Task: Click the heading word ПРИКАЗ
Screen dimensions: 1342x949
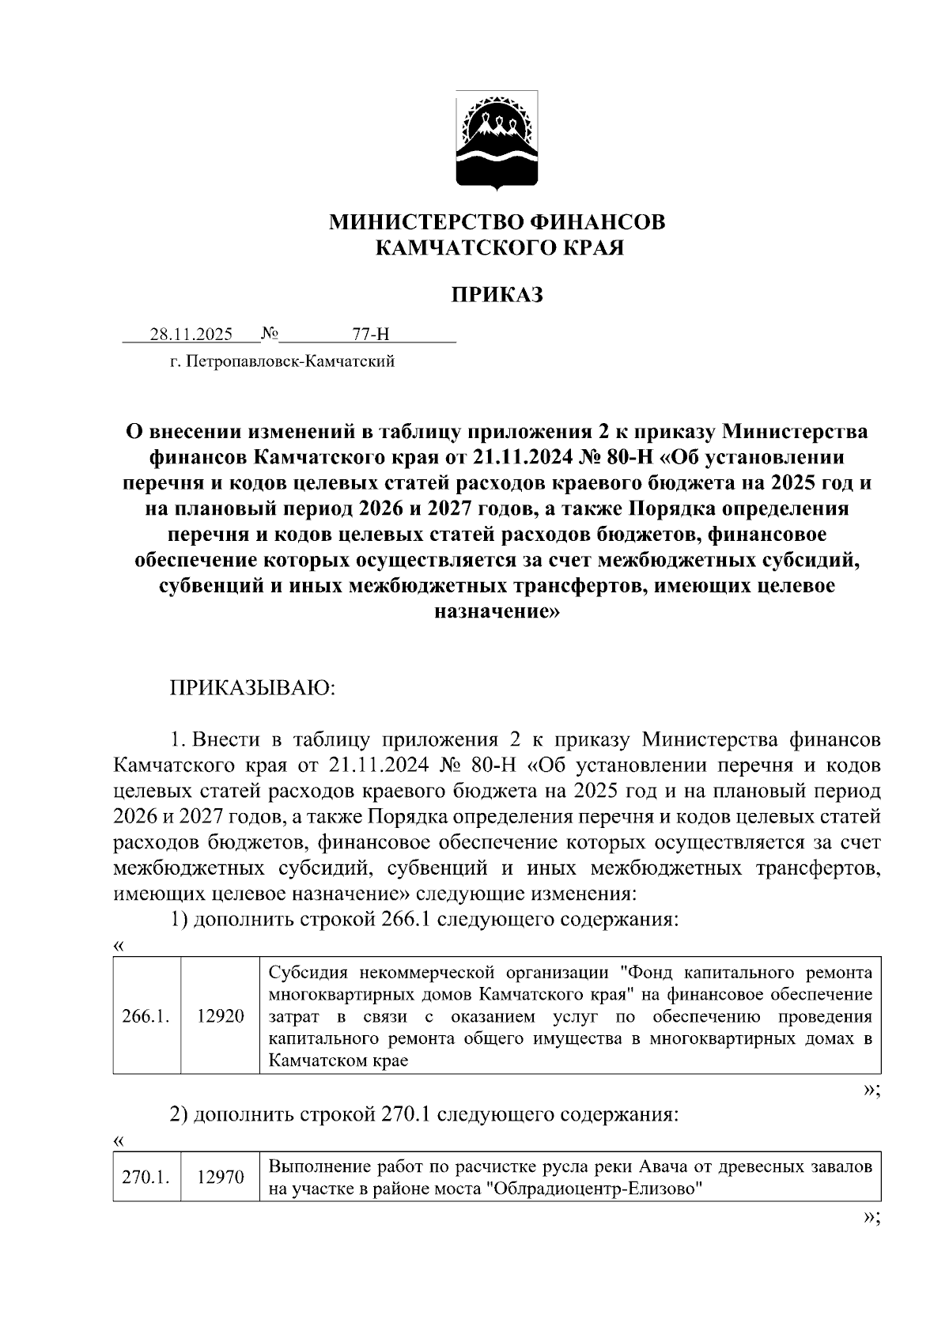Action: [497, 295]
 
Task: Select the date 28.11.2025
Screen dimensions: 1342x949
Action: [191, 335]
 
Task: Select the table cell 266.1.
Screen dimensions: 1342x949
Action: [146, 1016]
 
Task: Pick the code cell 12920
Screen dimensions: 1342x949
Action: [221, 1016]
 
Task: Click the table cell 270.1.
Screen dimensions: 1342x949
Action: [146, 1178]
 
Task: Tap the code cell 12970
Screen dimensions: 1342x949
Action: [221, 1178]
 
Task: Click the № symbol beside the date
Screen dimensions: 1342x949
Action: [270, 335]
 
